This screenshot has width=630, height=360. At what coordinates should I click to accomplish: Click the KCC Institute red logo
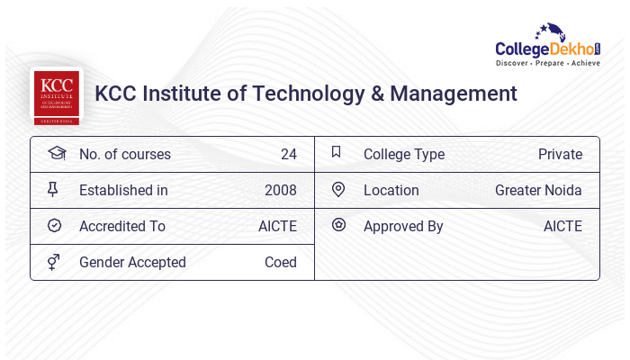coord(56,94)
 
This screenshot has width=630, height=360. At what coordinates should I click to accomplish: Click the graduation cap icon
coord(56,153)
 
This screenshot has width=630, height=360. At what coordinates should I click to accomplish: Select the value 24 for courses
coord(288,154)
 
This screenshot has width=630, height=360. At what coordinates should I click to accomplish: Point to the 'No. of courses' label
coord(124,154)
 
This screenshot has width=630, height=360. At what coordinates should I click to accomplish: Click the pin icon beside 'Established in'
coord(53,190)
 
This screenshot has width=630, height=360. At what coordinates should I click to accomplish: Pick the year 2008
coord(280,190)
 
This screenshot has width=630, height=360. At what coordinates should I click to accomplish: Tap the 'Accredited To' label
coord(122,226)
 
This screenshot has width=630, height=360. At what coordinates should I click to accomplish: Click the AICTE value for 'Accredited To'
coord(277,226)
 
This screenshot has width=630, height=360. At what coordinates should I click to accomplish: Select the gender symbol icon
coord(54,262)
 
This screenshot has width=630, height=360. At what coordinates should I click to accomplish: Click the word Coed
coord(280,262)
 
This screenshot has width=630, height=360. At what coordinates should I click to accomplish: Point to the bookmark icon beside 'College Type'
coord(337,152)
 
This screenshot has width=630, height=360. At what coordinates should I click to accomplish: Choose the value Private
coord(560,154)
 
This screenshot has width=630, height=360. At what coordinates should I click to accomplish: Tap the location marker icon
coord(338,189)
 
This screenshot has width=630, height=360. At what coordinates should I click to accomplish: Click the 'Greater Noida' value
coord(538,190)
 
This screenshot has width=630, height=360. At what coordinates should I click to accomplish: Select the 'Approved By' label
coord(403,226)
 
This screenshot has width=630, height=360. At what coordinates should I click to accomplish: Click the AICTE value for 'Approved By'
coord(562,226)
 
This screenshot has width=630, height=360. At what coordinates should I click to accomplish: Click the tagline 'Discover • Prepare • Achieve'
coord(547,65)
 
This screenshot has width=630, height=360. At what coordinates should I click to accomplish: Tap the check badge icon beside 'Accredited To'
coord(54,226)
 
